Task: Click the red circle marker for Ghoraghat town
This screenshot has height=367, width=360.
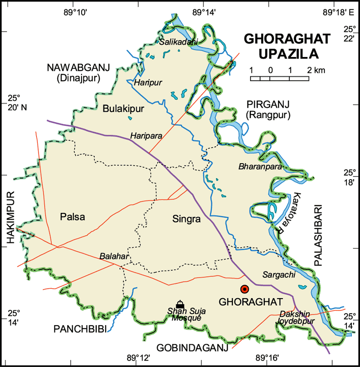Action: tap(245, 289)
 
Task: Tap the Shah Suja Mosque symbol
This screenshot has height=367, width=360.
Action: tap(180, 305)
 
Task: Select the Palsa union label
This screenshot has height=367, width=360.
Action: tap(72, 217)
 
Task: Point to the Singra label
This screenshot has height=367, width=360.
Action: tap(186, 219)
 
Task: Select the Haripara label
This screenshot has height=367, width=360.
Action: tap(146, 136)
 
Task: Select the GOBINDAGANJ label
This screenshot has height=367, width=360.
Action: tap(192, 348)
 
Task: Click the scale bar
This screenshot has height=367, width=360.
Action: tap(279, 78)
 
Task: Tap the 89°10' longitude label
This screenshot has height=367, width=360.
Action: tap(78, 10)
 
